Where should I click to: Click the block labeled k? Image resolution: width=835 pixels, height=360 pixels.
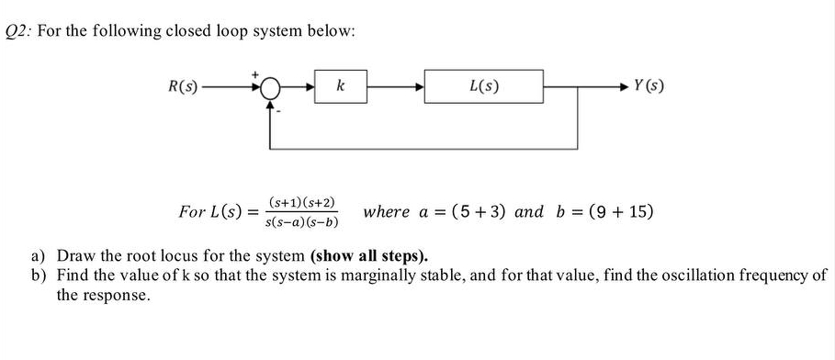pos(341,87)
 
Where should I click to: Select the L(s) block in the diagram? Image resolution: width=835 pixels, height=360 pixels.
pos(483,87)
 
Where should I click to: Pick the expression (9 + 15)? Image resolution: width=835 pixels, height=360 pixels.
pos(615,212)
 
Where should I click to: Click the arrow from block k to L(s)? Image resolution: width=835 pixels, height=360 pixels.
pos(395,88)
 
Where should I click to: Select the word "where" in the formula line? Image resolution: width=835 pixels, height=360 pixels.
pos(387,212)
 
